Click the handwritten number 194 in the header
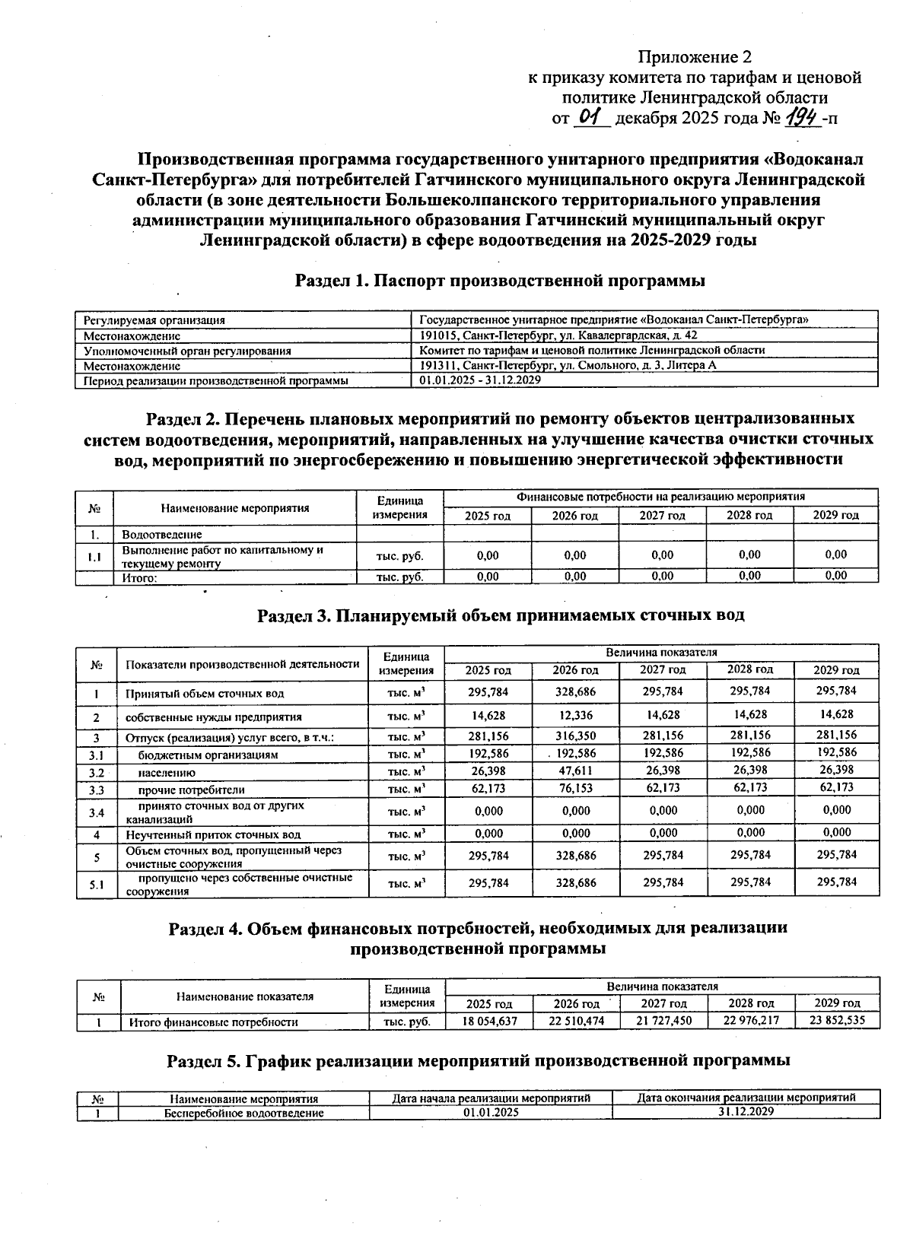point(803,118)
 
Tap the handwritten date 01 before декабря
point(590,118)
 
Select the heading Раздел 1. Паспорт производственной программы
point(500,281)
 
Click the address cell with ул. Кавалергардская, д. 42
point(558,335)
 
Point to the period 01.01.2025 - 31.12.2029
point(480,380)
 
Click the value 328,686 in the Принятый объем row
point(575,692)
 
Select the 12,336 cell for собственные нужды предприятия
point(575,716)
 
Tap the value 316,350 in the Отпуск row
point(575,736)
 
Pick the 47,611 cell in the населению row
point(575,771)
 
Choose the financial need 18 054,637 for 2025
point(489,1022)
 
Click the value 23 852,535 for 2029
point(837,1021)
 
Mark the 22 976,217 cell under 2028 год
point(751,1021)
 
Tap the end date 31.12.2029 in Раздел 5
point(746,1112)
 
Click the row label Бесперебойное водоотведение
point(244,1113)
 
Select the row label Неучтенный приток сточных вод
point(213,834)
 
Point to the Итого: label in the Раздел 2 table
point(140,577)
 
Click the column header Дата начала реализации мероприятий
point(491,1098)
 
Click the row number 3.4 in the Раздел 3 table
point(96,812)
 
